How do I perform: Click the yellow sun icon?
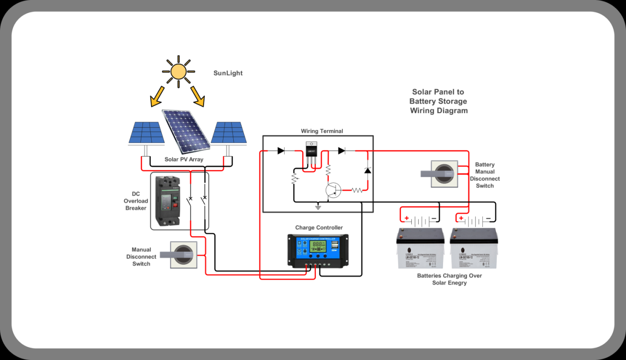(179, 71)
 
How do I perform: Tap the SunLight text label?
(228, 73)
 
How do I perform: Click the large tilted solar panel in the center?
(186, 131)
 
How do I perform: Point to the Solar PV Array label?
(184, 159)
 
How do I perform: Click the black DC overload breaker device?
(167, 201)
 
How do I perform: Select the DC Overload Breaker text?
(135, 201)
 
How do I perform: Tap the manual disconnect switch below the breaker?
(183, 254)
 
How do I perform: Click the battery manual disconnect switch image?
(444, 174)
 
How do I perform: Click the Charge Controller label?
(319, 228)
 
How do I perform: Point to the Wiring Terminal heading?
(322, 131)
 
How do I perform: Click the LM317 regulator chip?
(311, 149)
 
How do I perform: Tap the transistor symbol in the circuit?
(334, 190)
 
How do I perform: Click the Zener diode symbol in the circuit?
(367, 170)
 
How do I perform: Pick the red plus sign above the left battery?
(406, 218)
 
